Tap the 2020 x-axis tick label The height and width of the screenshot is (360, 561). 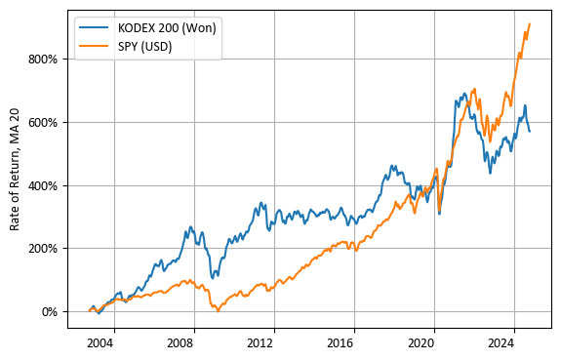(x=421, y=343)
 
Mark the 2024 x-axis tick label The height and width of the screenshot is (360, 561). (x=501, y=343)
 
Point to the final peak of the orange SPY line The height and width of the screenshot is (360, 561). (x=530, y=24)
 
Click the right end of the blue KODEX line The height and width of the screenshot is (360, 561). (x=530, y=131)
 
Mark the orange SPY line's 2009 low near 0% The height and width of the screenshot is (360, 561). (x=219, y=310)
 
